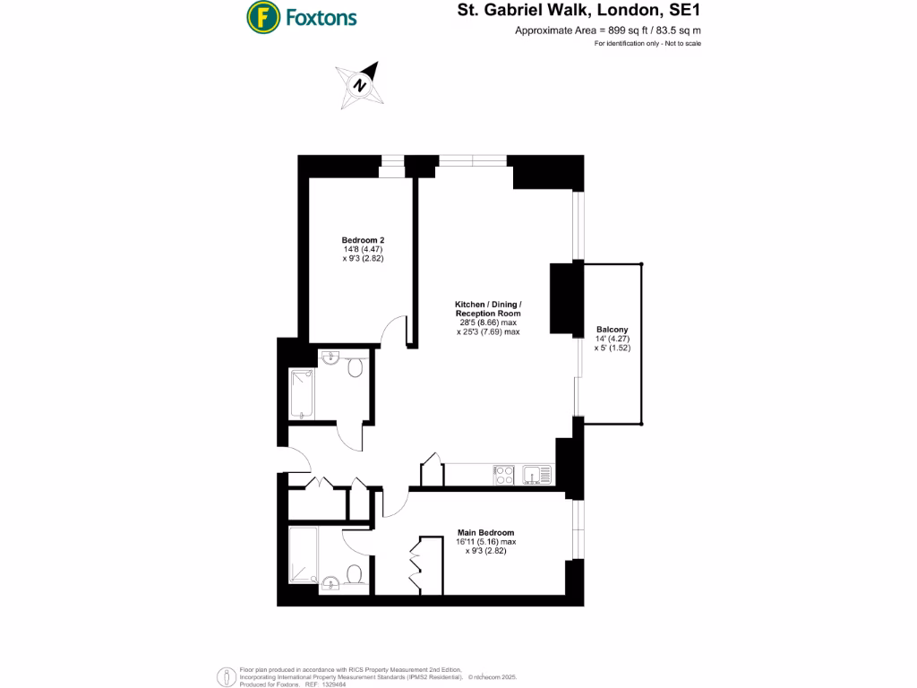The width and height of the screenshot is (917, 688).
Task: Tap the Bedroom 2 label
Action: click(363, 240)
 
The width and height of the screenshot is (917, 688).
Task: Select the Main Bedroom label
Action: click(485, 532)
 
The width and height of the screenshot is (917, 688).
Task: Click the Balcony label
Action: click(613, 330)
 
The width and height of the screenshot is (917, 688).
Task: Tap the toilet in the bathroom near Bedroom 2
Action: click(355, 367)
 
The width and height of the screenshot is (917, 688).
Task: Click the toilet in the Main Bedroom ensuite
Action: click(353, 574)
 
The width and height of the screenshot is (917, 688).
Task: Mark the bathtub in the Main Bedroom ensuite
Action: click(302, 556)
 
